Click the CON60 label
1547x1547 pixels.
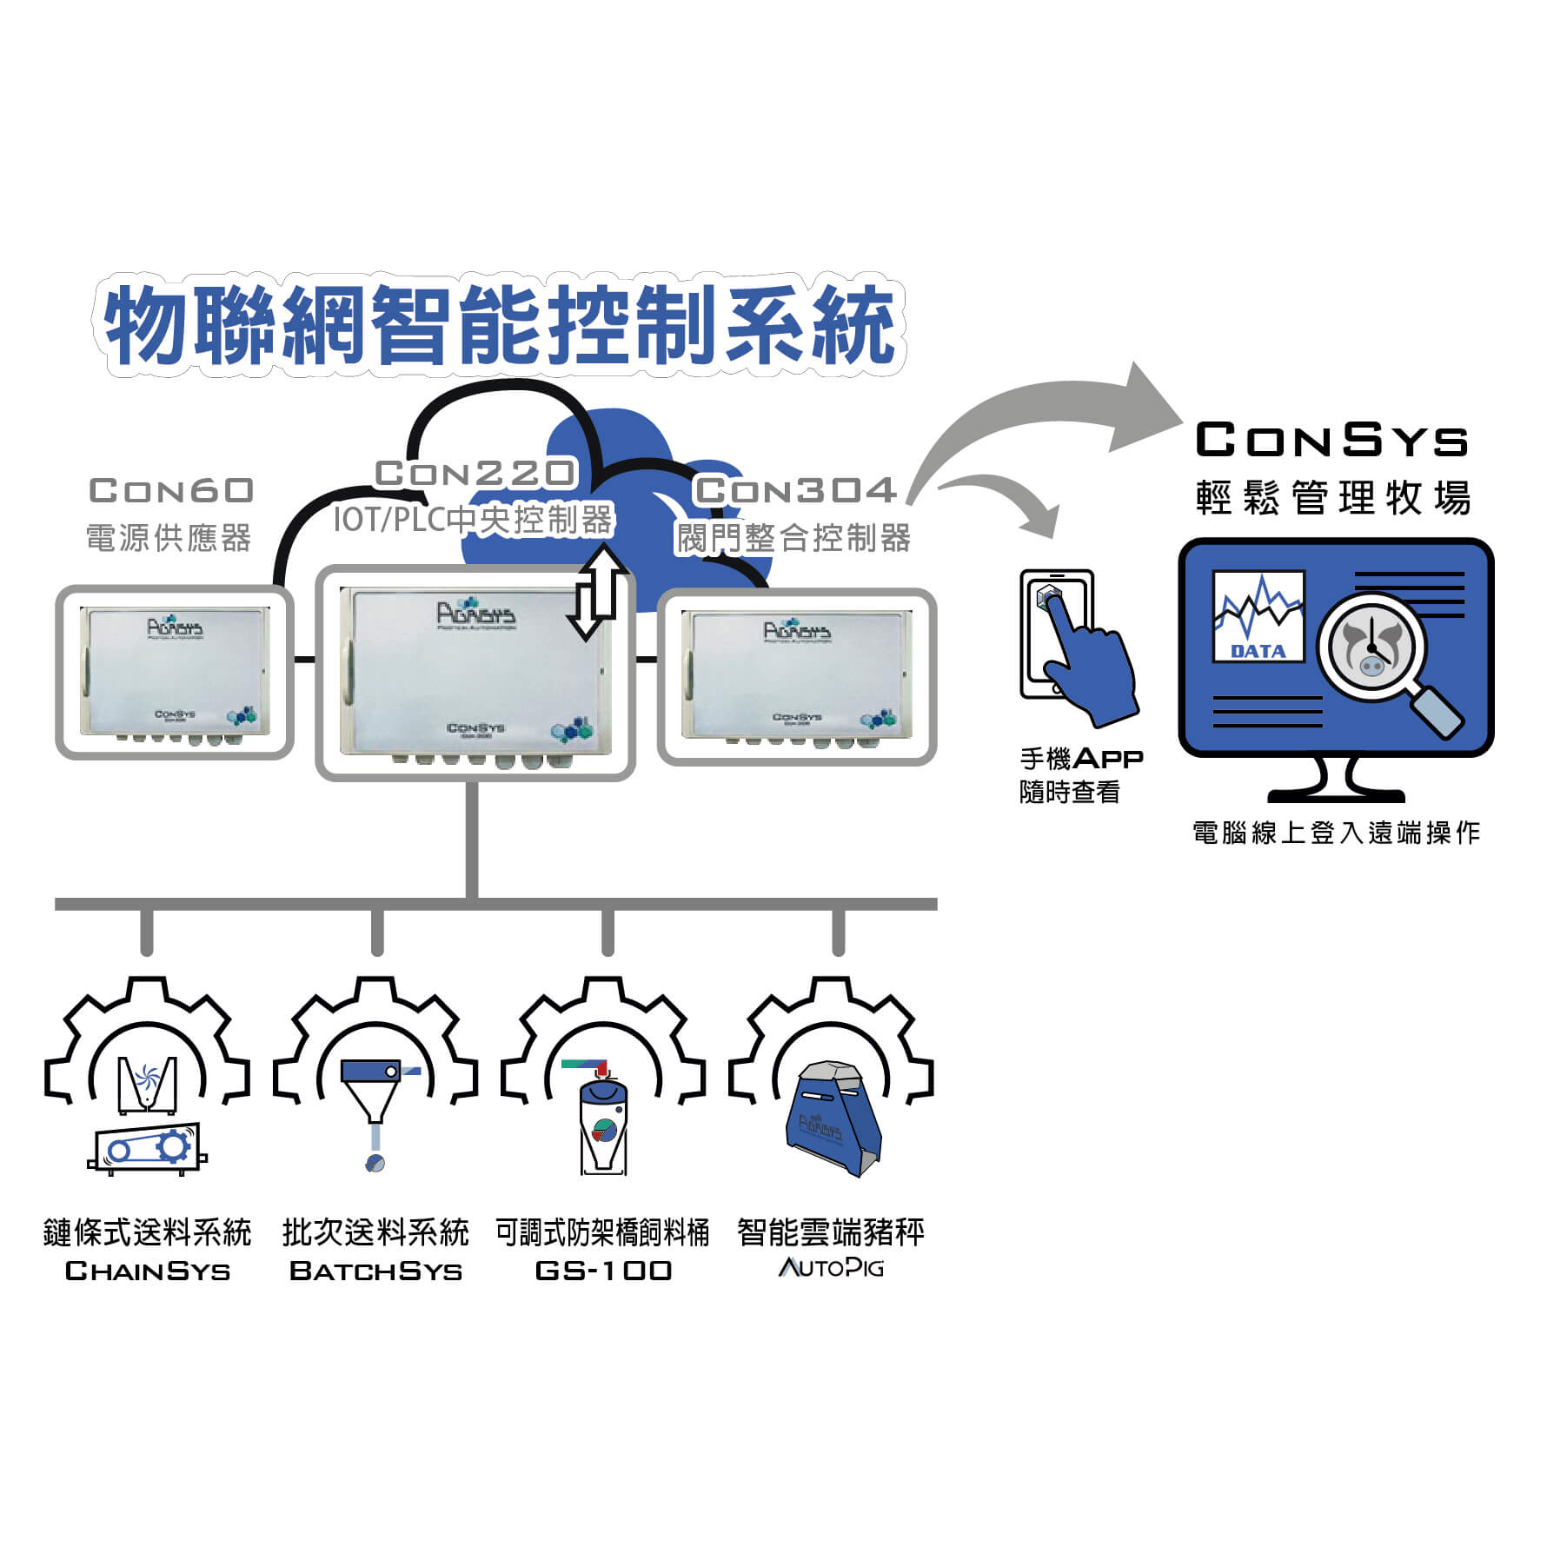(x=171, y=491)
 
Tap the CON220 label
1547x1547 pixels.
(x=475, y=474)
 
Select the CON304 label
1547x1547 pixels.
(x=795, y=491)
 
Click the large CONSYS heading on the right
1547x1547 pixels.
(x=1331, y=441)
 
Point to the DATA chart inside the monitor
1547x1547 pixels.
(x=1258, y=616)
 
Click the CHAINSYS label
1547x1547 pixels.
(x=148, y=1271)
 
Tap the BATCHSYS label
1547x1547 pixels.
(x=375, y=1271)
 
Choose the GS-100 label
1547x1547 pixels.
(x=603, y=1271)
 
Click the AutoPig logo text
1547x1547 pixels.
(x=831, y=1268)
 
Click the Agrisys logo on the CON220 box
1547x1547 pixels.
(x=475, y=614)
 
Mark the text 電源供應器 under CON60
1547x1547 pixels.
(x=169, y=538)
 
